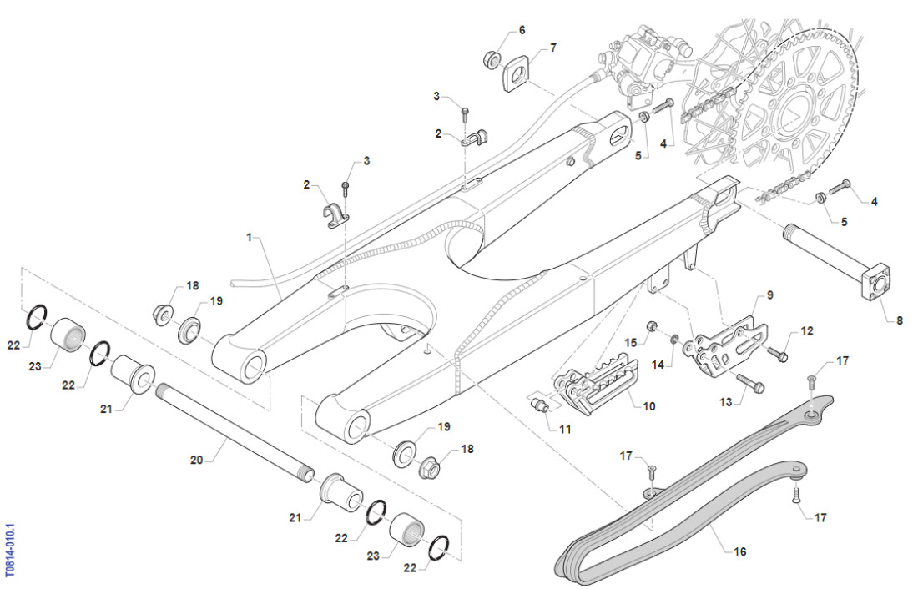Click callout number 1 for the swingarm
pos(248,238)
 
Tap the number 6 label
pos(522,30)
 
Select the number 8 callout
pos(899,320)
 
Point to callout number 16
pos(740,551)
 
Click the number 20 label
pos(197,460)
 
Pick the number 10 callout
pos(648,406)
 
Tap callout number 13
pos(726,403)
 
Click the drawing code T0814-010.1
pos(10,551)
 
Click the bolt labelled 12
pos(776,355)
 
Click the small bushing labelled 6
pos(491,59)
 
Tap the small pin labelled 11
pos(540,406)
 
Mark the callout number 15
pos(630,342)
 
